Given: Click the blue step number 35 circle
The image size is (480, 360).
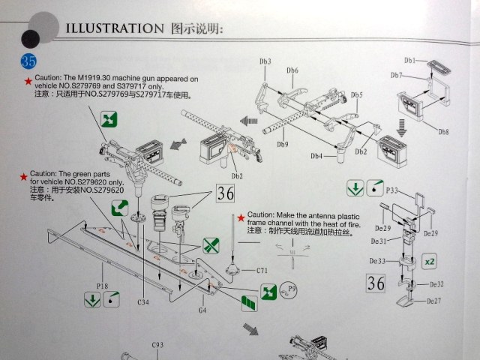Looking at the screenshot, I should click(x=30, y=59).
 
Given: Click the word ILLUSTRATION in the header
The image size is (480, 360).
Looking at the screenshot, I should click(x=111, y=29).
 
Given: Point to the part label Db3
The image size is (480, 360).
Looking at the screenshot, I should click(x=265, y=61).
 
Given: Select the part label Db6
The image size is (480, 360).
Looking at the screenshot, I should click(x=292, y=70).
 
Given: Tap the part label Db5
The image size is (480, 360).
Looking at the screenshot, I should click(x=356, y=94).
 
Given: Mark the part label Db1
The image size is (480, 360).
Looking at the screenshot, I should click(x=410, y=60).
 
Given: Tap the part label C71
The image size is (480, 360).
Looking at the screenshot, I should click(x=261, y=270).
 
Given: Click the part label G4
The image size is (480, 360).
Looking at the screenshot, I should click(x=202, y=310).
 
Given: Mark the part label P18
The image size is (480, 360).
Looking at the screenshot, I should click(x=103, y=285).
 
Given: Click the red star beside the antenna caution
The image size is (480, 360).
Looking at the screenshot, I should click(x=240, y=217).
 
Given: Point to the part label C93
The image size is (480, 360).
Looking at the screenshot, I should click(x=157, y=345).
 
